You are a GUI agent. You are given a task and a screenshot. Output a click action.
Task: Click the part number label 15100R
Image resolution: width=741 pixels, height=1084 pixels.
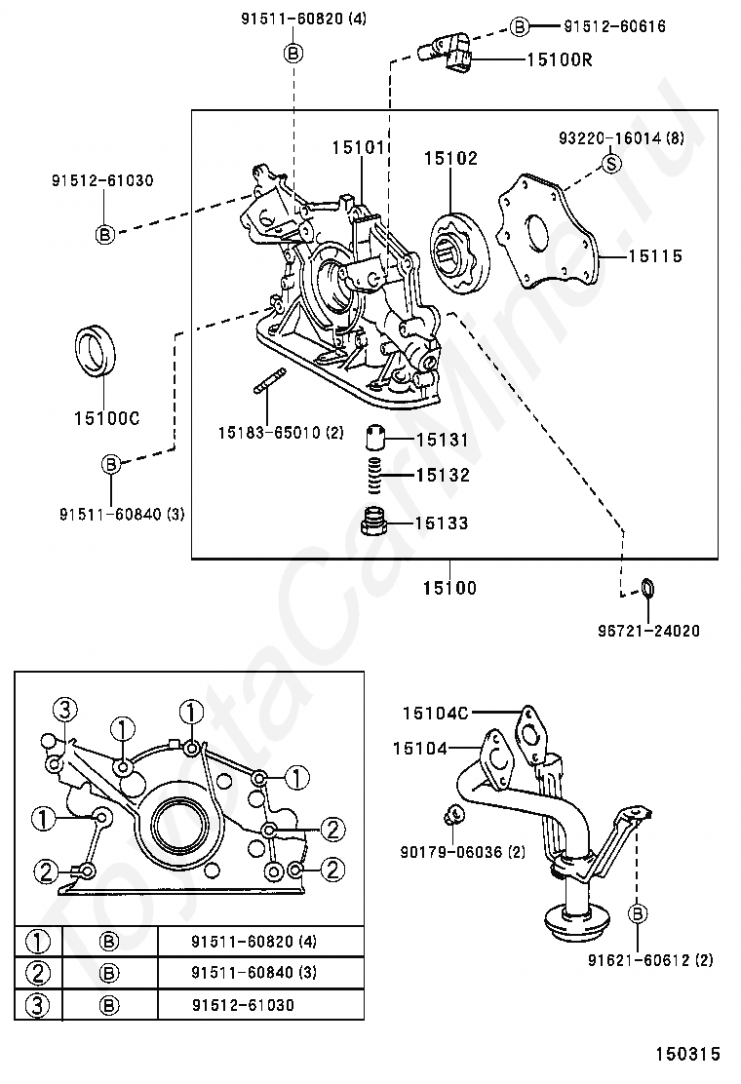pos(559,59)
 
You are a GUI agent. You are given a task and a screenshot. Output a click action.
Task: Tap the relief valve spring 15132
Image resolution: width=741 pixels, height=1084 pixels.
pos(374,476)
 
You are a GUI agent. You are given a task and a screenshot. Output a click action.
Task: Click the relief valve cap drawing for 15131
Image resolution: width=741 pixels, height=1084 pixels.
pos(374,438)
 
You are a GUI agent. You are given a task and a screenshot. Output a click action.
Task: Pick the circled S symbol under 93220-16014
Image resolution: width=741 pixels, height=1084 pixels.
pos(611,164)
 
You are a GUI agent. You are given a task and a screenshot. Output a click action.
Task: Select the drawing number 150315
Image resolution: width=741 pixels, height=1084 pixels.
pos(687,1054)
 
